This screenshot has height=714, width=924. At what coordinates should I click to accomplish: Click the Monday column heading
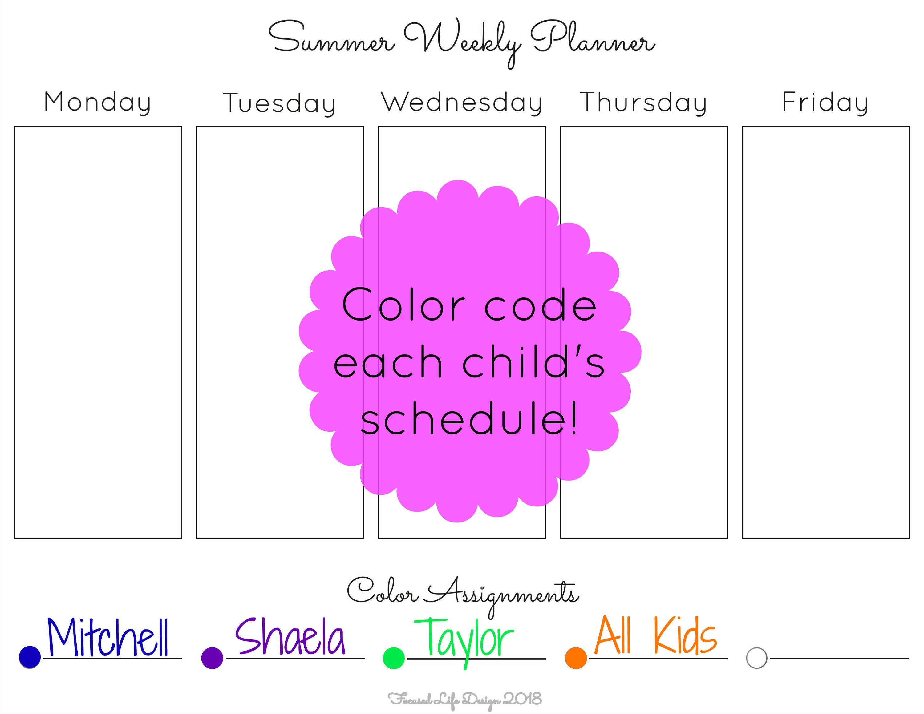[x=97, y=103]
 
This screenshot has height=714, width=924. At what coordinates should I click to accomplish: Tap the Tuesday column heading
[x=280, y=104]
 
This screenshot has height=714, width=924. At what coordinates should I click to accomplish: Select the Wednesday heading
[x=462, y=103]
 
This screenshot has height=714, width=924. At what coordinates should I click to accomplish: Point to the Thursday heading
[x=643, y=103]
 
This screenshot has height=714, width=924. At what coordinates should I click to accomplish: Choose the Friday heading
[x=825, y=103]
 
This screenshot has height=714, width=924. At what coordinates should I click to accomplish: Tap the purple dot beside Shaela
[x=213, y=658]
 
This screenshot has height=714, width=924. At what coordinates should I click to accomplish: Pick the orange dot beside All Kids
[x=576, y=658]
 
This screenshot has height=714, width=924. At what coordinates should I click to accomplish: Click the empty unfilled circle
[x=757, y=658]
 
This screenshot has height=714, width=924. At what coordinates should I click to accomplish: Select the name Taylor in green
[x=464, y=642]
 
